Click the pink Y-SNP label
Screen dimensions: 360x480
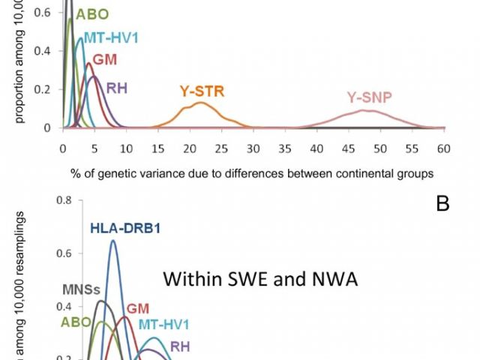[369, 97]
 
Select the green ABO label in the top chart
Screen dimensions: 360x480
[91, 13]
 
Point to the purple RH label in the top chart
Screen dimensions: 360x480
[116, 87]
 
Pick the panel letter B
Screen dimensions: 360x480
[442, 202]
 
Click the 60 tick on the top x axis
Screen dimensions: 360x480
[445, 148]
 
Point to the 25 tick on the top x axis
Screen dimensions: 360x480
[223, 148]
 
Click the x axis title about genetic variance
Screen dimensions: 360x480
[252, 173]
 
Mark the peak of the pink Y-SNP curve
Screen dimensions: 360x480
[364, 111]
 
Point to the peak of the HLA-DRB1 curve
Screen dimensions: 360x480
[113, 241]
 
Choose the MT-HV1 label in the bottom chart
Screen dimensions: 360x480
[163, 325]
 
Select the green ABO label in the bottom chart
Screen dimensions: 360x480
[76, 321]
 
